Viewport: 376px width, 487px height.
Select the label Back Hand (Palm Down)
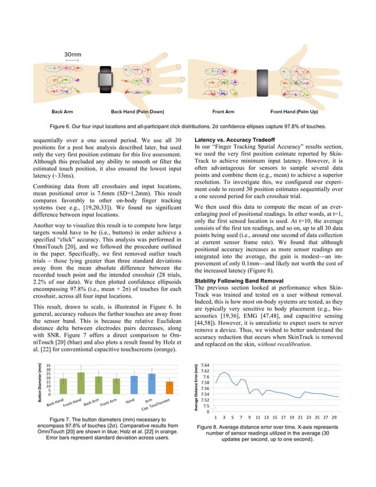pyautogui.click(x=137, y=111)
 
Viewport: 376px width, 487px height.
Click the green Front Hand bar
pyautogui.click(x=81, y=383)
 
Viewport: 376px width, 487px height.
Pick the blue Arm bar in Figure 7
pyautogui.click(x=151, y=384)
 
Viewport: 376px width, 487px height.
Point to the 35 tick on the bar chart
pyautogui.click(x=48, y=366)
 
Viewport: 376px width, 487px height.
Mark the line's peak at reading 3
pyautogui.click(x=222, y=372)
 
